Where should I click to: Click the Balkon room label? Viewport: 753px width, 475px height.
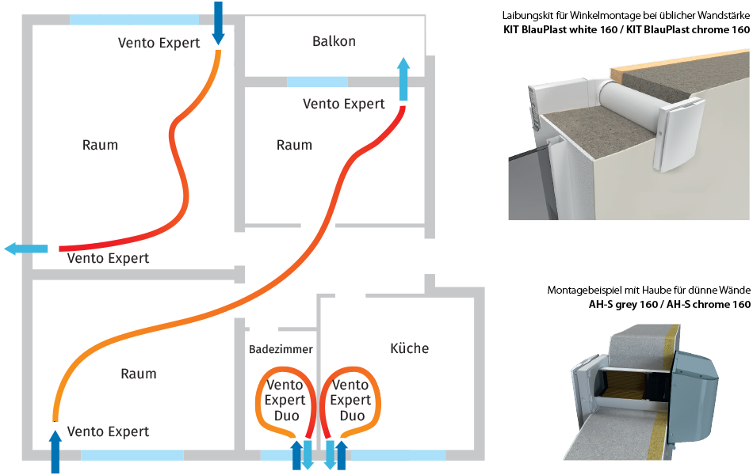tap(334, 41)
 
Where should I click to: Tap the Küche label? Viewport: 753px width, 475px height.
tap(410, 348)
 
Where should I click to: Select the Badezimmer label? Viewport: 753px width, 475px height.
tap(281, 349)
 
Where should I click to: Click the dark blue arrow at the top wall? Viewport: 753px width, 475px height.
tap(219, 24)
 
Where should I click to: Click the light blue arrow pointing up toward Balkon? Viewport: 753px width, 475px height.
tap(403, 79)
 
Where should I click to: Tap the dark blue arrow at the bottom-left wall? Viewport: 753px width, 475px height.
tap(55, 452)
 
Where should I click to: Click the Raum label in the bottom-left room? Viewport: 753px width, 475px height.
tap(138, 374)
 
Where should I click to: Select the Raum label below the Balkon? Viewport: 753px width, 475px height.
tap(294, 145)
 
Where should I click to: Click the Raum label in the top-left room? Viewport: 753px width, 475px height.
tap(100, 145)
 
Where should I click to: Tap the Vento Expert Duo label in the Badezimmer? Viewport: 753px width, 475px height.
tap(284, 400)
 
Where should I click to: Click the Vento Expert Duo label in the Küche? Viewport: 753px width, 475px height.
tap(350, 400)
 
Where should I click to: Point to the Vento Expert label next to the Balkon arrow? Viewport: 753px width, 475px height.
tap(343, 104)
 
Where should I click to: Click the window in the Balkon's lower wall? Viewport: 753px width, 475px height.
tap(316, 82)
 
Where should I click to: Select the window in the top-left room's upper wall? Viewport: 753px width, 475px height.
tap(134, 19)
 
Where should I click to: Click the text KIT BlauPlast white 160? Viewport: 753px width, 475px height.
tap(559, 30)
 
